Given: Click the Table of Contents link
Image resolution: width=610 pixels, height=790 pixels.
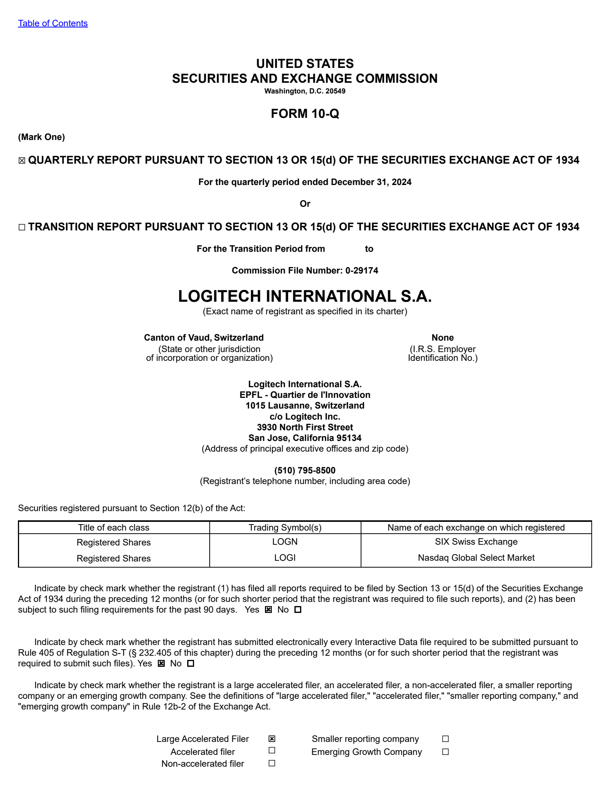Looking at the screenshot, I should point(53,23).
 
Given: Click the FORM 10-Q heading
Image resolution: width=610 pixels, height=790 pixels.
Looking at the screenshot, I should point(305,114).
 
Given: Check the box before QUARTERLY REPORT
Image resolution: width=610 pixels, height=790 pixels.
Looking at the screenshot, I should point(22,161).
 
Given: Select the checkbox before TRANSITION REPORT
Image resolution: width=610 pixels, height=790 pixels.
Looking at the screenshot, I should point(22,227).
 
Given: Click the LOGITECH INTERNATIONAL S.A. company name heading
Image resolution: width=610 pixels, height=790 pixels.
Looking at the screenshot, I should point(305,296).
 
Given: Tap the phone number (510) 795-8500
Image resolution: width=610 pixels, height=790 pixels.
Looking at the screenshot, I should point(305,470).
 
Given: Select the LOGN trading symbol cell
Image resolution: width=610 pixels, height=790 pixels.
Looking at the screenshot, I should point(285,542).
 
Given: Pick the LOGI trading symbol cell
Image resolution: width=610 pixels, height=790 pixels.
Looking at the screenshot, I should point(285,558).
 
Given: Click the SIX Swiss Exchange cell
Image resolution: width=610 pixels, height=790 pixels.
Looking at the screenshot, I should point(476,542).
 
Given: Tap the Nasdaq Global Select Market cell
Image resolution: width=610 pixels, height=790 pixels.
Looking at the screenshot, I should point(476,558).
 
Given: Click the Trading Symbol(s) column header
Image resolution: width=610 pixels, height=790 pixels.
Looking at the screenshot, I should point(285,528).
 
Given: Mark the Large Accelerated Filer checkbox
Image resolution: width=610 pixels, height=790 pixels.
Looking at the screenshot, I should point(272,739).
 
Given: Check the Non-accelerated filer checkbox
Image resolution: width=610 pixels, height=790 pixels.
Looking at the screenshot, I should point(272,763).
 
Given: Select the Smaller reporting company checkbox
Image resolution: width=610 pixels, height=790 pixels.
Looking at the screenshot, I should point(445,739).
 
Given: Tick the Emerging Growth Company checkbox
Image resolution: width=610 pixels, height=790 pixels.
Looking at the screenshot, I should point(445,752).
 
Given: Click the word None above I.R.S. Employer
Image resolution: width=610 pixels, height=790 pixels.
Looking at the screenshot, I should point(443,338).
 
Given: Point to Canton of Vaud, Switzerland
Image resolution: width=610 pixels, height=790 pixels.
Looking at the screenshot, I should point(204,338).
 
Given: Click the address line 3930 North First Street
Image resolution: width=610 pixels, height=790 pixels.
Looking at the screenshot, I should point(305,427).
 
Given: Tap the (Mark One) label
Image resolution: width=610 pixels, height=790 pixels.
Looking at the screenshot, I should point(41,137).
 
